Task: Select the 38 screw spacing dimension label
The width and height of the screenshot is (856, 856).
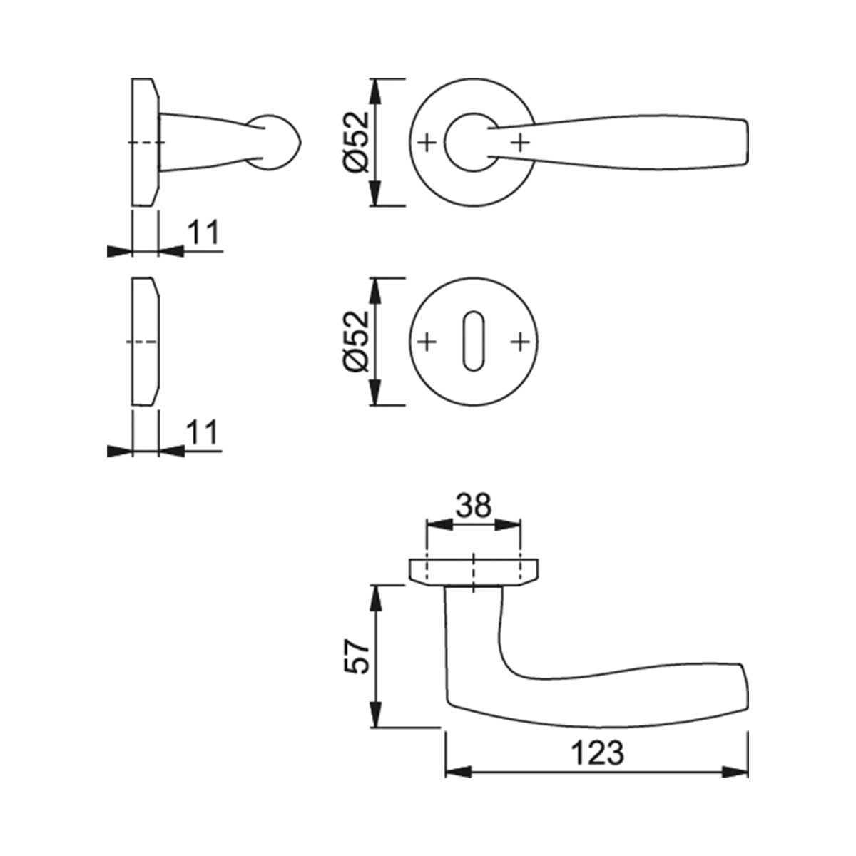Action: coord(474,506)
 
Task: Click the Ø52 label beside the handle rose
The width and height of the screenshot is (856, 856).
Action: coord(356,142)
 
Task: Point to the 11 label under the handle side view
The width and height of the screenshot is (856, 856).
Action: coord(203,232)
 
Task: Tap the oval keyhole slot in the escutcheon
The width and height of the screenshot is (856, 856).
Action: coord(474,341)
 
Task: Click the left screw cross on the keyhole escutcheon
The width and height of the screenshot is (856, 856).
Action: coord(427,342)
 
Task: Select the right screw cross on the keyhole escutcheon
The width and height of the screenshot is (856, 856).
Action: coord(521,342)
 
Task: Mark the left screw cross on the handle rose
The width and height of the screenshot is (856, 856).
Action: coord(427,143)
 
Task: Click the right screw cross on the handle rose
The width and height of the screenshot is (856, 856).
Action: coord(521,143)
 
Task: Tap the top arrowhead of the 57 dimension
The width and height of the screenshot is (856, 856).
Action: coord(376,599)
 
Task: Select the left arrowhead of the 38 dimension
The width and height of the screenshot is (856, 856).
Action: coord(440,524)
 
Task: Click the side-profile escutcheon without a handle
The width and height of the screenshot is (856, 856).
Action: coord(146,342)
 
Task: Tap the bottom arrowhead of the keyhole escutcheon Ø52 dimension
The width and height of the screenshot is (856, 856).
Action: coord(376,392)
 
